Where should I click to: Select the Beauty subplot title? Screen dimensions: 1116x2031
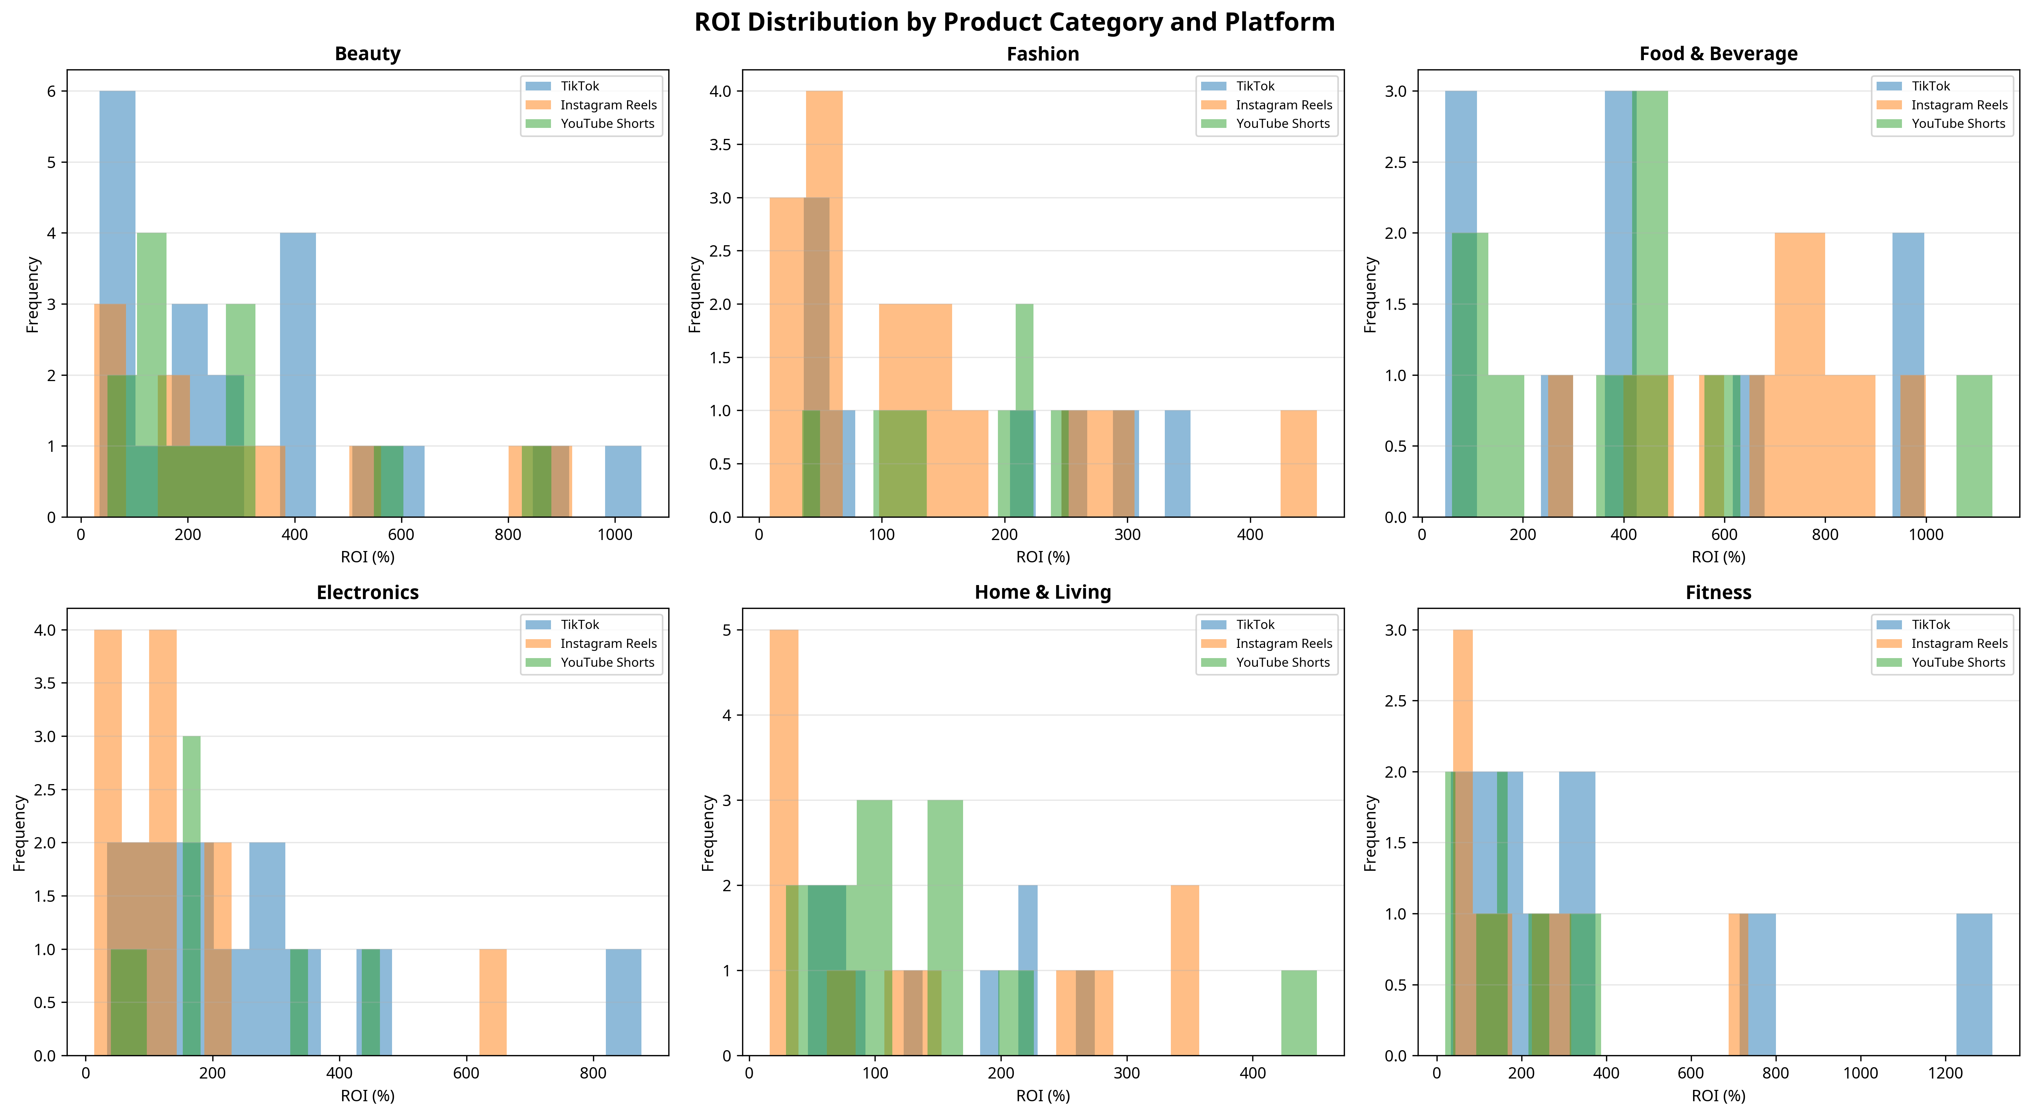click(x=367, y=54)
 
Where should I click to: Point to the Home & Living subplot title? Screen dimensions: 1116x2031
click(x=1042, y=592)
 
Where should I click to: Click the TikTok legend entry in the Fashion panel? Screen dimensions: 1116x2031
click(x=1254, y=86)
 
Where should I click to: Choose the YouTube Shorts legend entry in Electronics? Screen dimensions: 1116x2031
click(x=607, y=663)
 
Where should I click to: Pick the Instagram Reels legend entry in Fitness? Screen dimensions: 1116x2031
click(x=1958, y=644)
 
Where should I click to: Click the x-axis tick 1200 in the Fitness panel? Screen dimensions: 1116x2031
click(x=1945, y=1073)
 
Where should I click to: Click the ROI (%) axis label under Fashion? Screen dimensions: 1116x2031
click(x=1042, y=557)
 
